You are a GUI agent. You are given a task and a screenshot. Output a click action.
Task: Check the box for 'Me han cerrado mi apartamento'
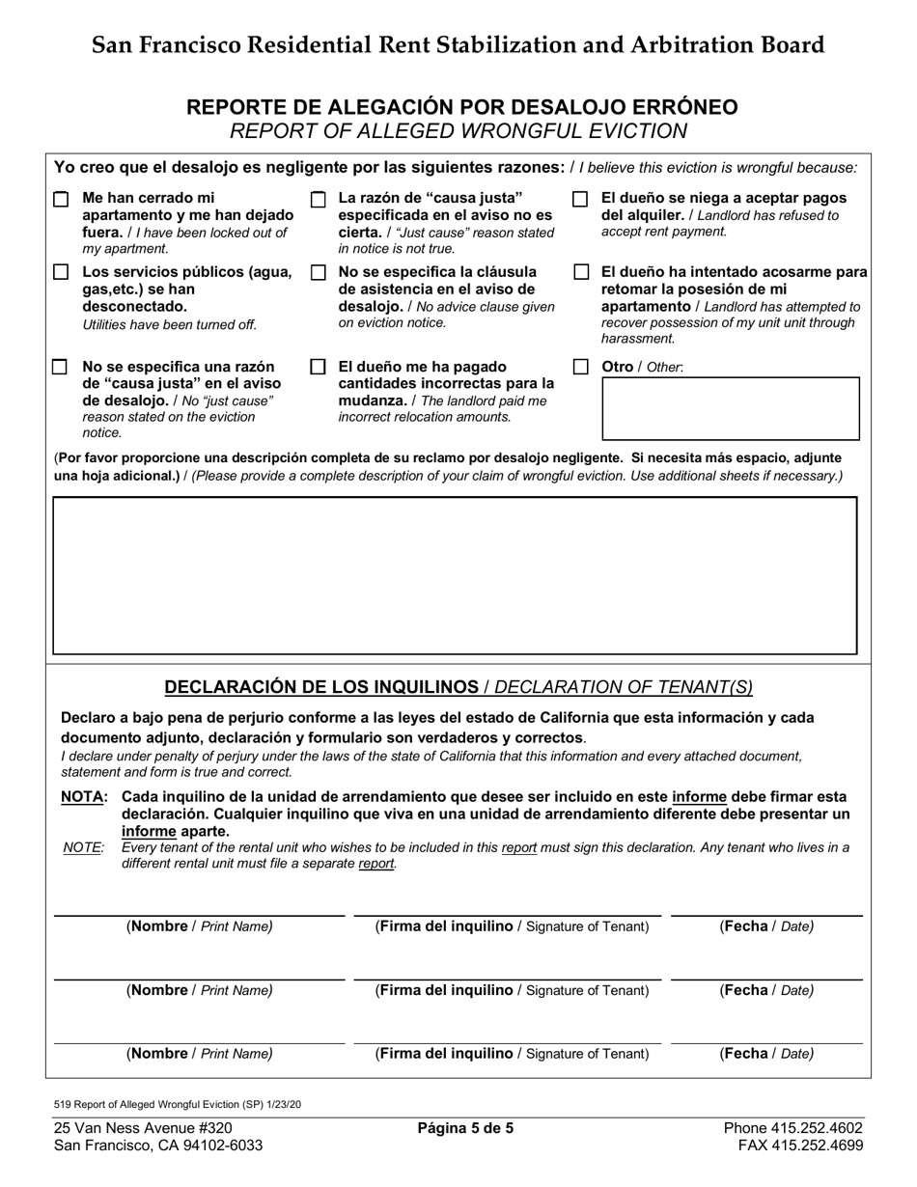point(61,200)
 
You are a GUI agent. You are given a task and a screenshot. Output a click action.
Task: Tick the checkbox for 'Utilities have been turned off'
point(61,273)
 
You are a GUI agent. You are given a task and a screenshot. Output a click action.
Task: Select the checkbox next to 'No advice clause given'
point(318,273)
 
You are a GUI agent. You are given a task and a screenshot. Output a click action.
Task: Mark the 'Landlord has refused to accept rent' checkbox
point(580,200)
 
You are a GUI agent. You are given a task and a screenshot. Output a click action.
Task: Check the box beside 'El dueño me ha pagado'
point(318,368)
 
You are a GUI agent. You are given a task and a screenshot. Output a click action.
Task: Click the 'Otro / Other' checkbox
point(580,368)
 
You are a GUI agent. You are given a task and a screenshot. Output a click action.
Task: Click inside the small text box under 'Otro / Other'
point(730,409)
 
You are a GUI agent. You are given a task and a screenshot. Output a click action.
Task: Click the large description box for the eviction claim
point(454,576)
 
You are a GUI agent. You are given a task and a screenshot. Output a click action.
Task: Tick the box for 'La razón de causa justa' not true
point(318,200)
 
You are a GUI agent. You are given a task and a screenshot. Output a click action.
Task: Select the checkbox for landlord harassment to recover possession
point(580,273)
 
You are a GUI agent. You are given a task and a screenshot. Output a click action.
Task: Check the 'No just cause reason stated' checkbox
point(61,368)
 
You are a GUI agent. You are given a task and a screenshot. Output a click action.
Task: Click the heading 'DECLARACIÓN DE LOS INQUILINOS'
point(321,687)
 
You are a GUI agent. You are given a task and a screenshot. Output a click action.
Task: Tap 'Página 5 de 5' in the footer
point(465,1127)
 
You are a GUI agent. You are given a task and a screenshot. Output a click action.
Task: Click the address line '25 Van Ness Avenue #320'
point(143,1127)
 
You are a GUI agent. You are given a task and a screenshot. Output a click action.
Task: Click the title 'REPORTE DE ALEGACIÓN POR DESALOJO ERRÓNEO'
point(462,107)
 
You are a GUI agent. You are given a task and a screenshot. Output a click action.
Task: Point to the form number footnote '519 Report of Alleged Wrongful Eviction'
point(177,1103)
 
